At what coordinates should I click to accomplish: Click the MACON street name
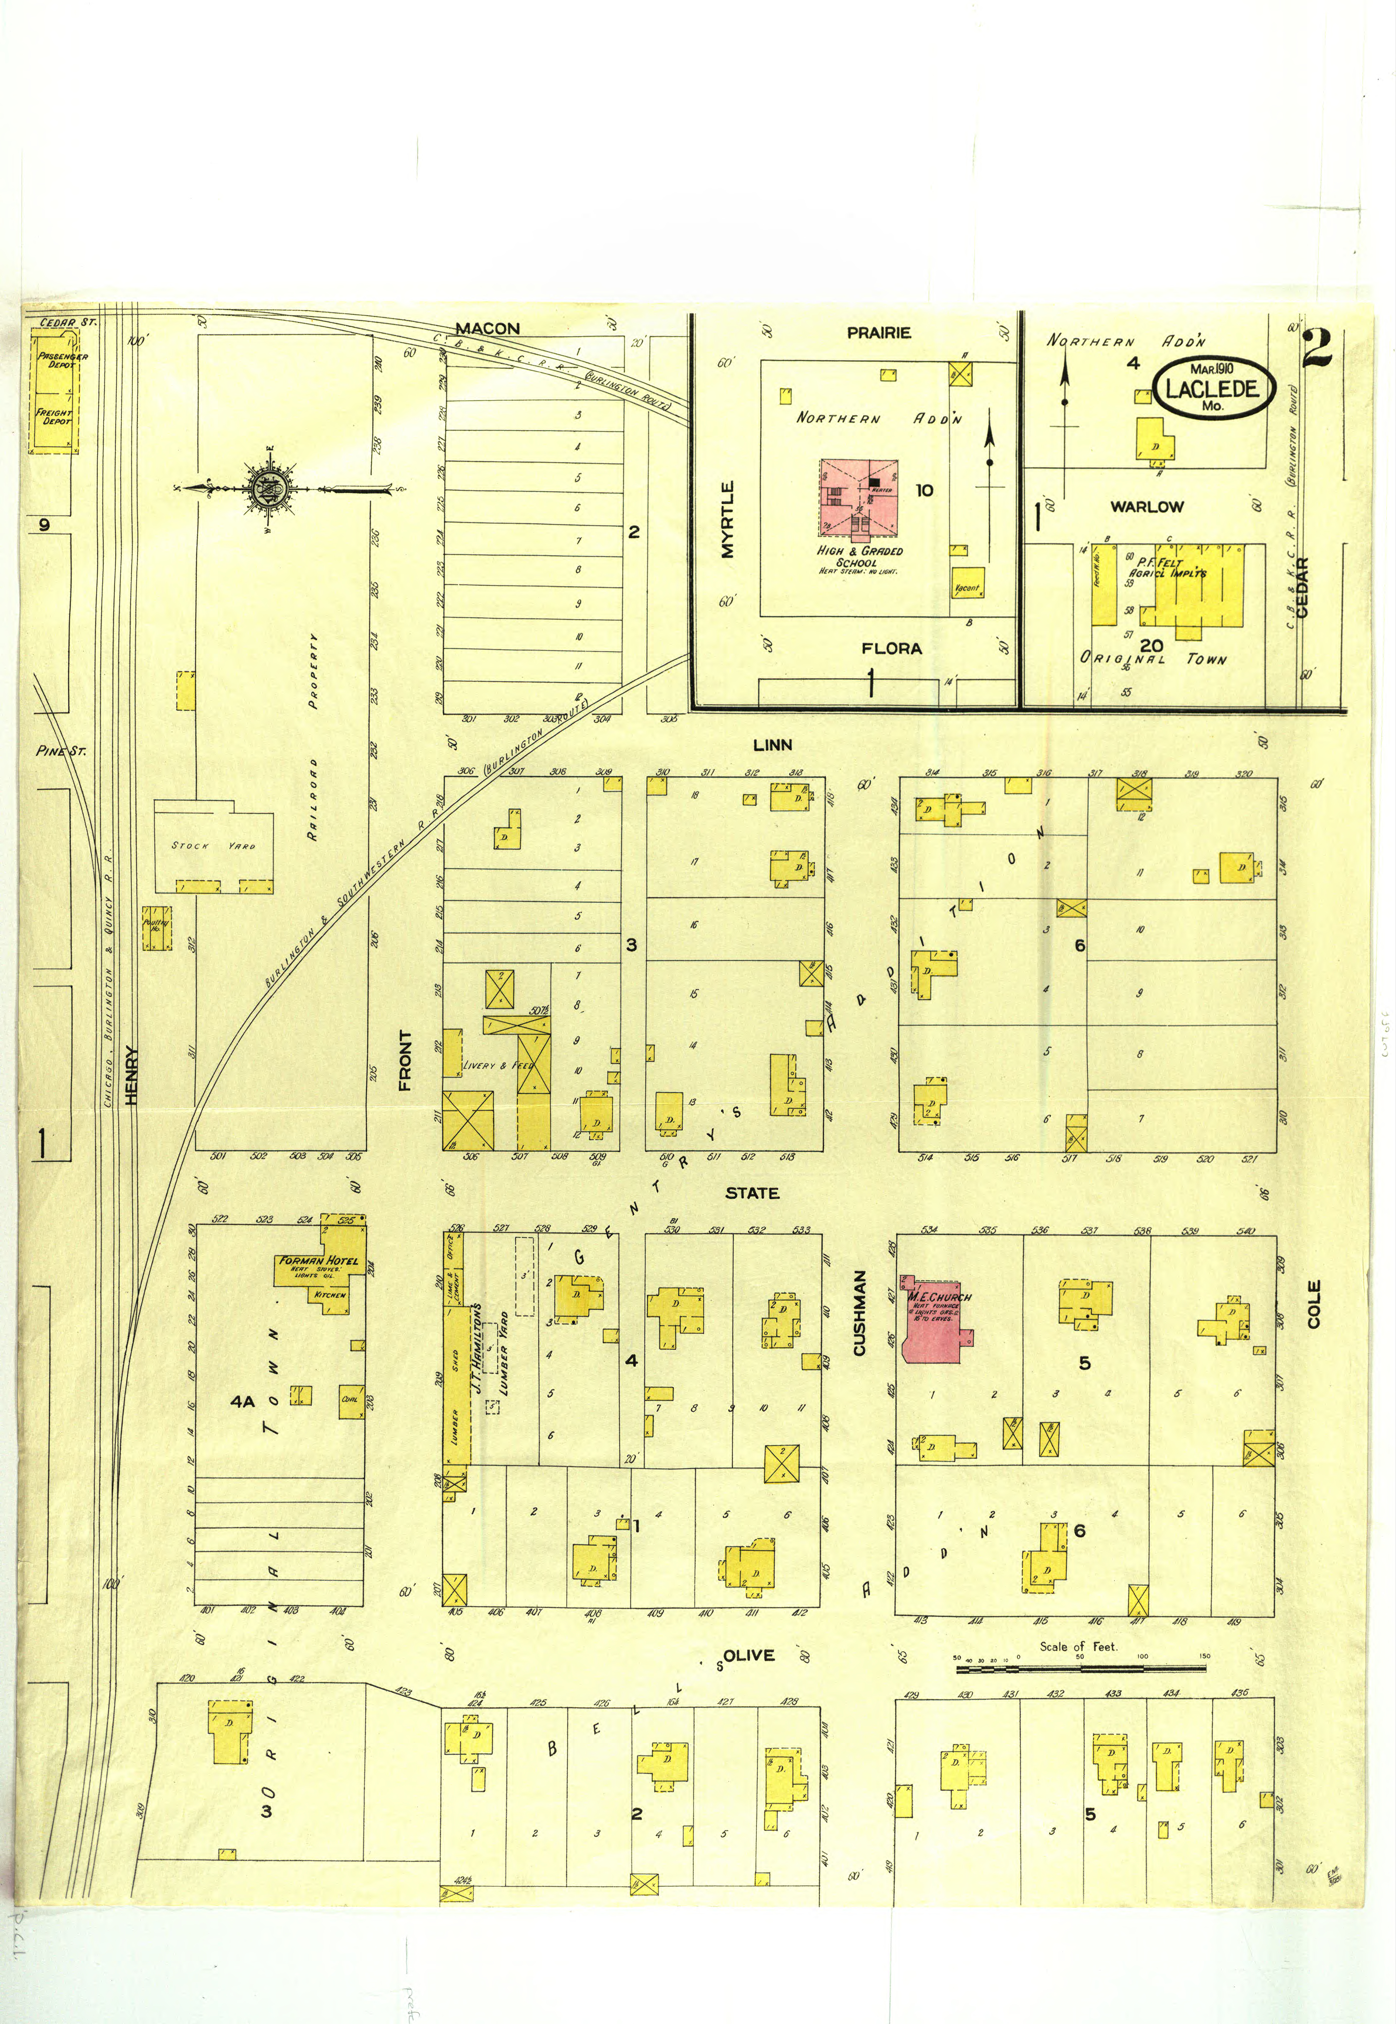click(x=487, y=329)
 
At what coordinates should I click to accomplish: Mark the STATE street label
click(x=752, y=1193)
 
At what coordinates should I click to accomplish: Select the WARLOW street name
click(x=1147, y=506)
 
